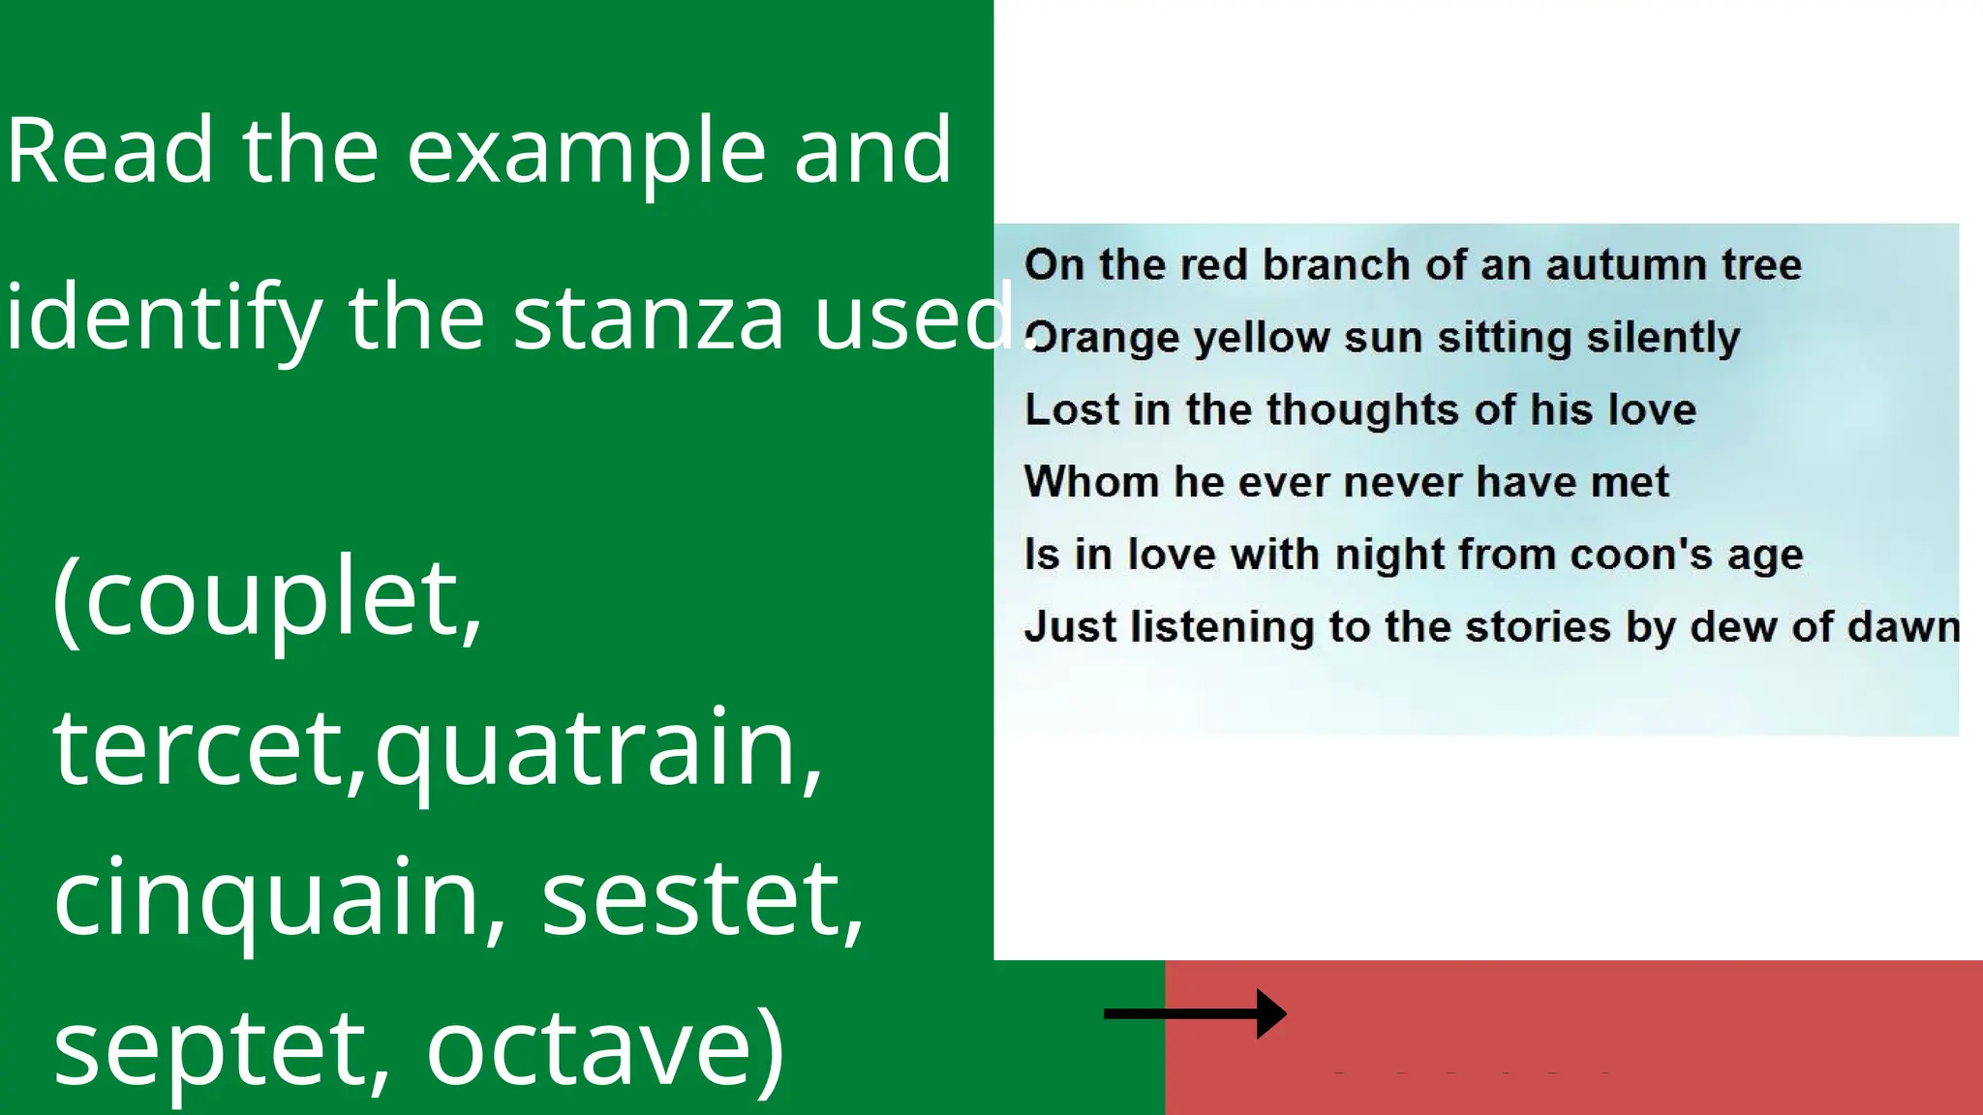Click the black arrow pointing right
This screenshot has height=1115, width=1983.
coord(1195,1013)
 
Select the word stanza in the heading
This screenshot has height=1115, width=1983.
coord(647,317)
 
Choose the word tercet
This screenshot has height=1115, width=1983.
coord(194,748)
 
